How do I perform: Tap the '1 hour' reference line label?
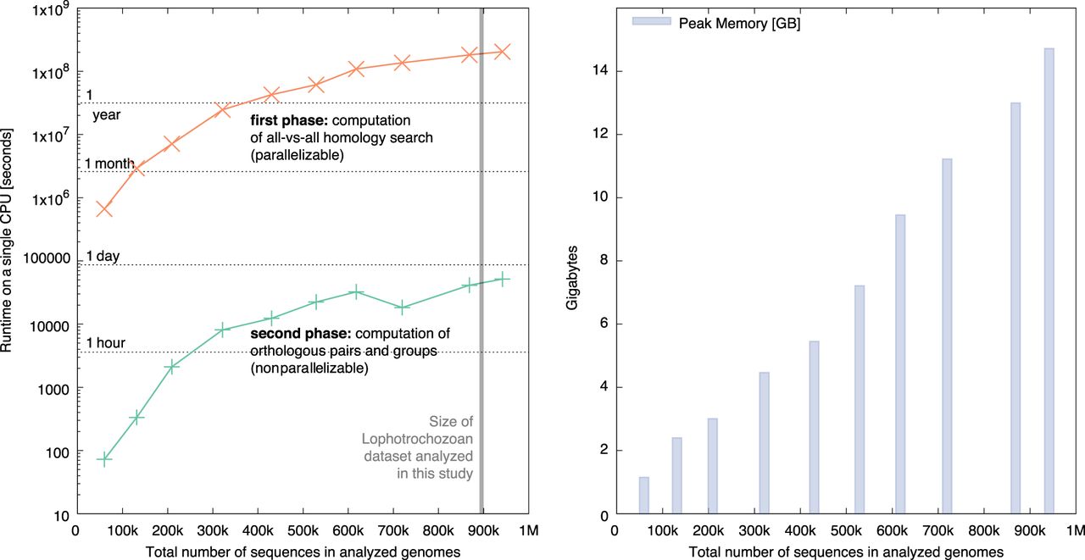[x=106, y=343]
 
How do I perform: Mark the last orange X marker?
[x=502, y=52]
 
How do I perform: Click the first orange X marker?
[x=104, y=209]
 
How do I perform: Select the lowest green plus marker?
[x=105, y=458]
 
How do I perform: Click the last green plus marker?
[x=502, y=279]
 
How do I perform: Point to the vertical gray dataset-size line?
[x=481, y=254]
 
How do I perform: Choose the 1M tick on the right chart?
[x=1074, y=532]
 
